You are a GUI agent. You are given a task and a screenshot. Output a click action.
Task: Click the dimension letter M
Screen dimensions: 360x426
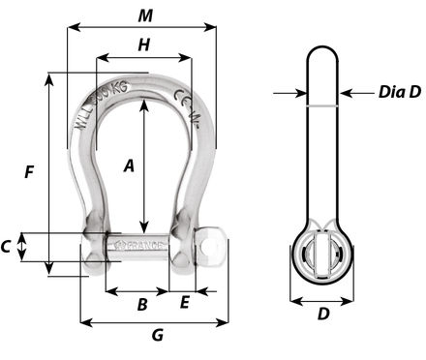(144, 15)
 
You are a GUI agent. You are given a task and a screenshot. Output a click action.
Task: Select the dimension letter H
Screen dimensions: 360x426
(143, 44)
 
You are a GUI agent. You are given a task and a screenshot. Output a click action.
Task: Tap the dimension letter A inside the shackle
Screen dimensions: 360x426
(129, 165)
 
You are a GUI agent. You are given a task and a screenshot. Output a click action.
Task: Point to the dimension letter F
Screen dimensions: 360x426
(30, 172)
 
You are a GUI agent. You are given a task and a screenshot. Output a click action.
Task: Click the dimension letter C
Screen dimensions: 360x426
(7, 247)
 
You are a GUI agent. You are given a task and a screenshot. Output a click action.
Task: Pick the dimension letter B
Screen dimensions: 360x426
(141, 304)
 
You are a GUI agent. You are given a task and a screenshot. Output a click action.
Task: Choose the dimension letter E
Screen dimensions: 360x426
(184, 304)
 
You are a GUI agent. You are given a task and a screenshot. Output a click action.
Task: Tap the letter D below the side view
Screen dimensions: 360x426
(323, 314)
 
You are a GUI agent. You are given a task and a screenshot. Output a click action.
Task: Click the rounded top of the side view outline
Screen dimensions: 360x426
(323, 48)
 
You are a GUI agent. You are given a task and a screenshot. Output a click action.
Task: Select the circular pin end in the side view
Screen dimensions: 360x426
(323, 255)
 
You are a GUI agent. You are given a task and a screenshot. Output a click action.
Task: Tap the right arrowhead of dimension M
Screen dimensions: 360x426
(211, 28)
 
